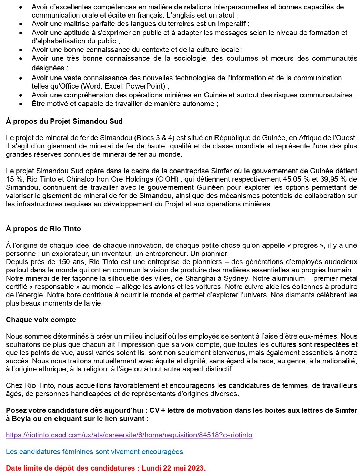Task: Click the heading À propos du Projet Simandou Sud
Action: [x=64, y=121]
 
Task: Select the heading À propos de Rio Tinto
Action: [x=43, y=229]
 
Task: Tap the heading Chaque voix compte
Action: [x=41, y=320]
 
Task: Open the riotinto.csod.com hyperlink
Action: [x=129, y=435]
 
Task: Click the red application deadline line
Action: [x=106, y=468]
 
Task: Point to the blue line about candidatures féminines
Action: [x=95, y=452]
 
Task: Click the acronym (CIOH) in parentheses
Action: [x=167, y=179]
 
